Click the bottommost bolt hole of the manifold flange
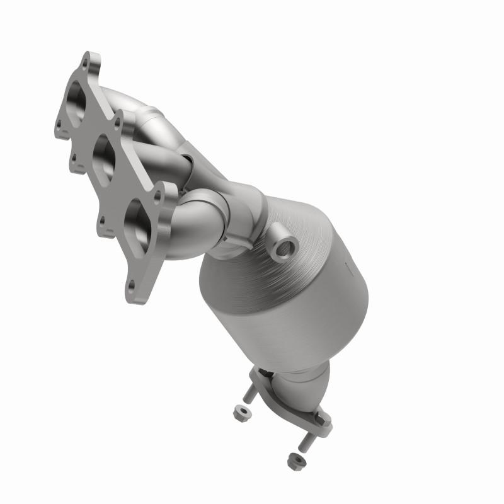(x=131, y=288)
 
